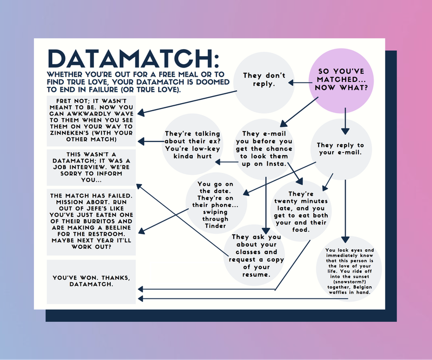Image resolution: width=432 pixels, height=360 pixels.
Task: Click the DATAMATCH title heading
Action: (x=133, y=58)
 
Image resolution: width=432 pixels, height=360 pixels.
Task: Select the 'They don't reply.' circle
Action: (x=264, y=80)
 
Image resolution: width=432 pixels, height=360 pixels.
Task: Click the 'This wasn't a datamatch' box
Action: (x=91, y=166)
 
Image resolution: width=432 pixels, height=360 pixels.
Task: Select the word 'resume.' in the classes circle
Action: (x=256, y=275)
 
